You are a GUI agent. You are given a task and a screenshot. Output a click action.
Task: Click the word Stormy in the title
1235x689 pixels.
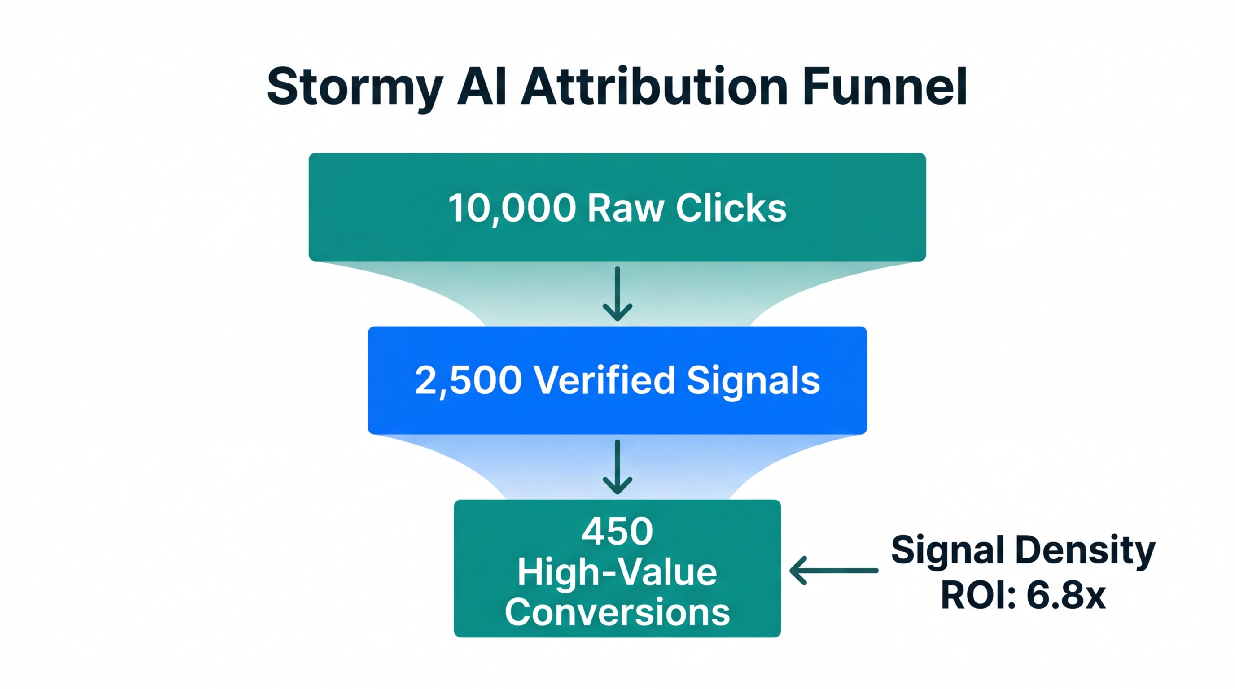coord(354,87)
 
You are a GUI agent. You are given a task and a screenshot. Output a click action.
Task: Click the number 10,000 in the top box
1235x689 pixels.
coord(512,209)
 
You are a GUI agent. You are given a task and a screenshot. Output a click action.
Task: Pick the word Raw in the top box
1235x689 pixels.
coord(626,209)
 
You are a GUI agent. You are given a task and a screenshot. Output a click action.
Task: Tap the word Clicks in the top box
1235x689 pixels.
coord(731,209)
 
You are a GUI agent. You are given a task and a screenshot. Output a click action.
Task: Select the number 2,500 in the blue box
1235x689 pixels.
coord(468,380)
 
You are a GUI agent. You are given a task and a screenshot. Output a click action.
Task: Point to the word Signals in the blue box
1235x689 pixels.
coord(753,380)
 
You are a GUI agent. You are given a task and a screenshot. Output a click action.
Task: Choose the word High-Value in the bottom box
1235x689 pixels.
coord(617,572)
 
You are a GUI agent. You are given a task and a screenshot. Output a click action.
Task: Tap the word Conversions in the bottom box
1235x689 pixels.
coord(617,612)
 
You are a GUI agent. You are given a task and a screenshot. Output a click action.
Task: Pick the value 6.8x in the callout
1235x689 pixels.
coord(1066,596)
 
